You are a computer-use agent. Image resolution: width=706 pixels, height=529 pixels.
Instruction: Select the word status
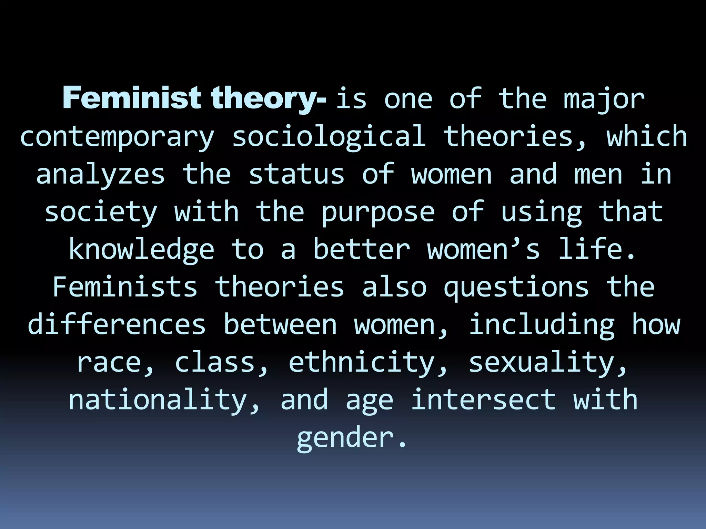coord(296,174)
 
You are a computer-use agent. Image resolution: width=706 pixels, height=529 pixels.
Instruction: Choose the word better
coord(362,249)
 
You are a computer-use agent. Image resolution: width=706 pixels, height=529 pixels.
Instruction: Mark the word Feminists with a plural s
coord(125,287)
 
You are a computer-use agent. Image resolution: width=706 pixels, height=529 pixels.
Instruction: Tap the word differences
coord(117,324)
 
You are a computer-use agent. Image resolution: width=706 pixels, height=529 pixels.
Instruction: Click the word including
coord(542,325)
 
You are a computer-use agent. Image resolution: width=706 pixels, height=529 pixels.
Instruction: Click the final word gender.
coord(351,438)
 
